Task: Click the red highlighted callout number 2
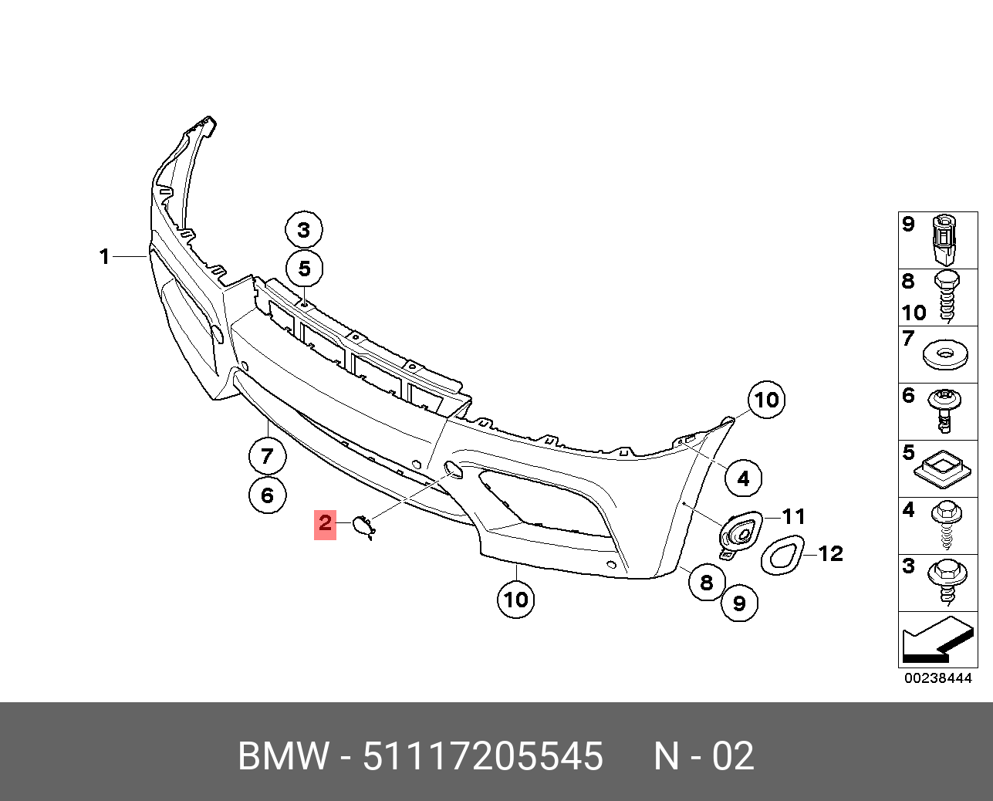[x=325, y=524]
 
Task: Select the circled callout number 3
[x=304, y=229]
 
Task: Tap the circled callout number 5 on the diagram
[x=304, y=269]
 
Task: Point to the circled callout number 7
[x=267, y=456]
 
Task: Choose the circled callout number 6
[x=267, y=495]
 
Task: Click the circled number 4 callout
[x=743, y=478]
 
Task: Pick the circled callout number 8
[x=707, y=582]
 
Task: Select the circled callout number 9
[x=739, y=603]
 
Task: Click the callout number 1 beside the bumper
[x=105, y=256]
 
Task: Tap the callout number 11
[x=793, y=516]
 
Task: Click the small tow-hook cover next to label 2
[x=363, y=526]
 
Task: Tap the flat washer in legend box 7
[x=947, y=354]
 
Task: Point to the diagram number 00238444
[x=938, y=678]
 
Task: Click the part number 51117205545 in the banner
[x=483, y=756]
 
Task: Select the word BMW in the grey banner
[x=284, y=756]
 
